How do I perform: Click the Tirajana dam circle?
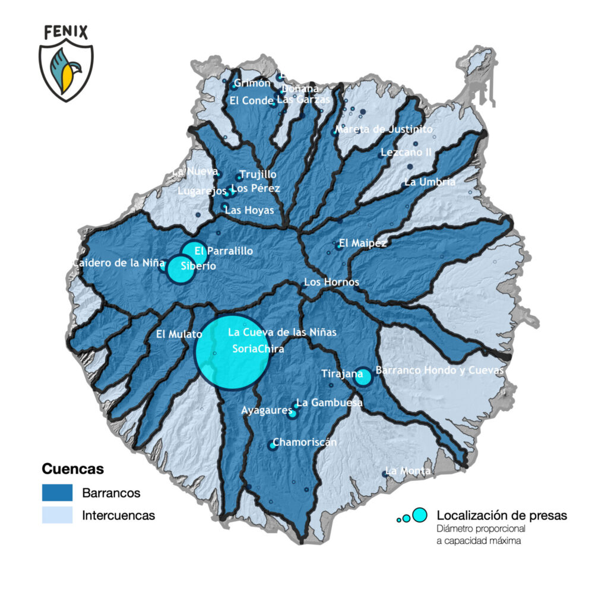(x=363, y=377)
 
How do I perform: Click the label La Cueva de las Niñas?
(x=282, y=332)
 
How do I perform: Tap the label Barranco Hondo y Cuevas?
(x=440, y=370)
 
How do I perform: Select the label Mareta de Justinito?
(x=384, y=129)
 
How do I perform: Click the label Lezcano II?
(x=406, y=152)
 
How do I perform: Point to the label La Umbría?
(x=430, y=182)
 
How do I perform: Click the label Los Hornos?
(x=331, y=282)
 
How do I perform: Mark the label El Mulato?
(x=179, y=334)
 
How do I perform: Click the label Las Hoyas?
(x=249, y=210)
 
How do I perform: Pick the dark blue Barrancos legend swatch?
(x=57, y=493)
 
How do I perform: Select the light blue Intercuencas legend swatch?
(x=57, y=515)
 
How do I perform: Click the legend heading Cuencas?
(x=73, y=469)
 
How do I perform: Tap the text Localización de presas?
(x=502, y=515)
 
